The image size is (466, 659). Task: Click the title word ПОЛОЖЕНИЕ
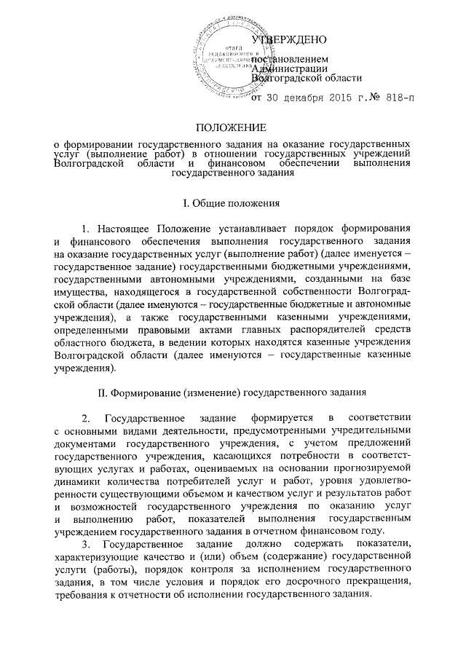tap(232, 128)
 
